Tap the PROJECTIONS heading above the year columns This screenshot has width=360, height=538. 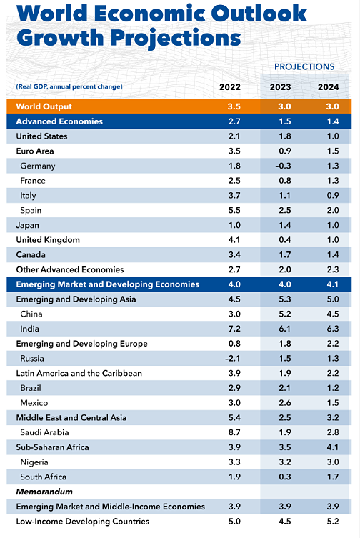click(304, 66)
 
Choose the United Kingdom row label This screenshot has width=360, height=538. click(48, 240)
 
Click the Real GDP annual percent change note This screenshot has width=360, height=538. click(69, 87)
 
